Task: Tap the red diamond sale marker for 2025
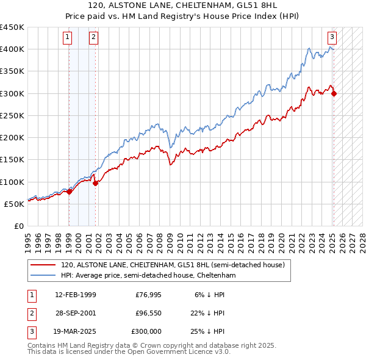(334, 93)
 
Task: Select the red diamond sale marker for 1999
(69, 192)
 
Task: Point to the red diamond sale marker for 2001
(96, 183)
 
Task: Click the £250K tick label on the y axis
(12, 115)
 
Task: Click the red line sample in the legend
(43, 265)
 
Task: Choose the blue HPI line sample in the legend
(43, 275)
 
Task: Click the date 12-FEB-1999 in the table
(76, 294)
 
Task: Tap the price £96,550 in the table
(148, 313)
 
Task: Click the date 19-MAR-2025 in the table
(76, 331)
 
